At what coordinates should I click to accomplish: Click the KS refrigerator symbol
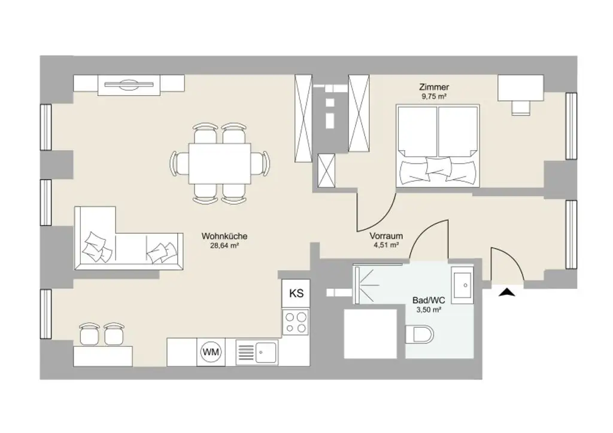296,293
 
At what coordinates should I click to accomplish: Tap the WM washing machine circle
210,352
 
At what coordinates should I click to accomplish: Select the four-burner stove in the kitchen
296,322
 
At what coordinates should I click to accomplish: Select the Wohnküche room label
224,236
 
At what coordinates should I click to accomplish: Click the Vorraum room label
386,236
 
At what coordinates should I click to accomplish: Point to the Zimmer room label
435,87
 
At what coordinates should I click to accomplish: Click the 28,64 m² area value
224,245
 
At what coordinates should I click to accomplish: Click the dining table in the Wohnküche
220,163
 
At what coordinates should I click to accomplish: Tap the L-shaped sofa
120,242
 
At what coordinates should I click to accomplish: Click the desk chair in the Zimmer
520,107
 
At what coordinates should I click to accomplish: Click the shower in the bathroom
381,284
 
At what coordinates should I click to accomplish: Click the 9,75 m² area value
435,96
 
